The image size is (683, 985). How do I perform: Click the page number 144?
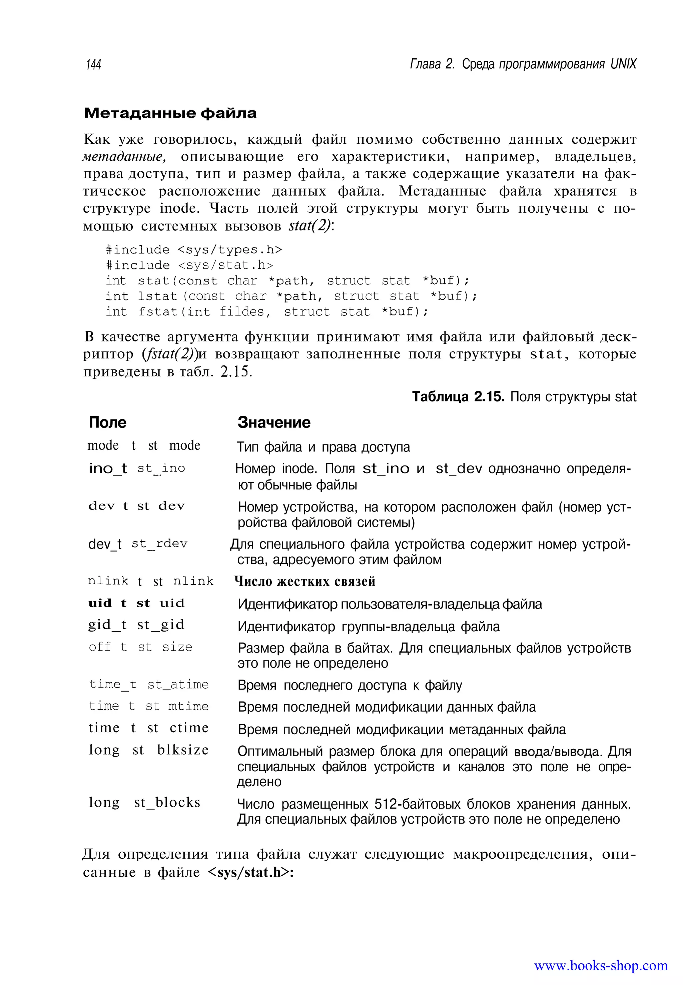pos(94,65)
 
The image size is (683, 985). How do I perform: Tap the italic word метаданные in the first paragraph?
pos(124,157)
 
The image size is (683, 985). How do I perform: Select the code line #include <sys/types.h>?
pos(194,249)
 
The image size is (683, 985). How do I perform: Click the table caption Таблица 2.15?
pos(458,397)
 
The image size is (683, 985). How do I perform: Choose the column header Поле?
pos(107,422)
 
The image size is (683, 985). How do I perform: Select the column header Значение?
pos(274,422)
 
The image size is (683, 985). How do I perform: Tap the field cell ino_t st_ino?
pos(137,468)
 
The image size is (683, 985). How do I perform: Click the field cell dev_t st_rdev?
pos(138,544)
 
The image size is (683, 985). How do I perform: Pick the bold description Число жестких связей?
pos(305,581)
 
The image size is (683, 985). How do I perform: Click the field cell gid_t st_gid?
pos(136,625)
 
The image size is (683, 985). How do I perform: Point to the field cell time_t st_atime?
pos(148,684)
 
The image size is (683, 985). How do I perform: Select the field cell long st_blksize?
pos(148,750)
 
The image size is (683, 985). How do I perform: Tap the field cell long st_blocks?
pos(144,802)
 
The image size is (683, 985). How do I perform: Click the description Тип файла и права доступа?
pos(323,447)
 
